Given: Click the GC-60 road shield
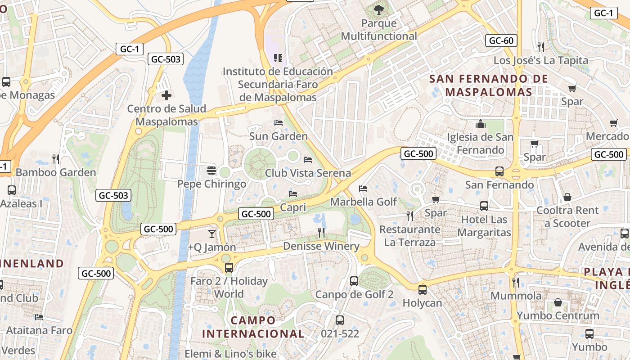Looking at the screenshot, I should pyautogui.click(x=501, y=40).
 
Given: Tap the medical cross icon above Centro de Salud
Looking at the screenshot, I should pyautogui.click(x=166, y=95).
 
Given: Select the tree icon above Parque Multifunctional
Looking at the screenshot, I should pyautogui.click(x=379, y=9).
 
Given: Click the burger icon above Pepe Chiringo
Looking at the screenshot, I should pyautogui.click(x=211, y=171).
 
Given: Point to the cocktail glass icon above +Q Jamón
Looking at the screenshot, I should pyautogui.click(x=211, y=234).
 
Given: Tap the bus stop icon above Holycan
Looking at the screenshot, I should pyautogui.click(x=422, y=290).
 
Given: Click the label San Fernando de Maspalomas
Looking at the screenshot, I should pyautogui.click(x=489, y=85).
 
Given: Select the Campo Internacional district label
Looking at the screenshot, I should pyautogui.click(x=253, y=327).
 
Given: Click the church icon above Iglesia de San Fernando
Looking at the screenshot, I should pyautogui.click(x=481, y=124).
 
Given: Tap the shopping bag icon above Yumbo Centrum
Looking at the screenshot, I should pyautogui.click(x=558, y=302).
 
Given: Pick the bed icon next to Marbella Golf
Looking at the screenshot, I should pyautogui.click(x=363, y=189).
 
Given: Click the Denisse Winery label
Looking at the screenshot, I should pyautogui.click(x=321, y=246).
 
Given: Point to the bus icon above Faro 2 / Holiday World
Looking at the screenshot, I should pyautogui.click(x=229, y=268).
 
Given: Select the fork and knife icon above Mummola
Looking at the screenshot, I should pyautogui.click(x=516, y=283).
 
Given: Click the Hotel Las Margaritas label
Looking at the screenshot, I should pyautogui.click(x=484, y=226).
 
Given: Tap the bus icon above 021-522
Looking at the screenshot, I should pyautogui.click(x=340, y=320).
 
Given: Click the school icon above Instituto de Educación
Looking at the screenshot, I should pyautogui.click(x=278, y=58).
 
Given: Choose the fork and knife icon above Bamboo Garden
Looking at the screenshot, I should pyautogui.click(x=56, y=159).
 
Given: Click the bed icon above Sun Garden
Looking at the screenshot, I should pyautogui.click(x=278, y=123).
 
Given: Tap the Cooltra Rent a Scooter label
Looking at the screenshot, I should pyautogui.click(x=567, y=217).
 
